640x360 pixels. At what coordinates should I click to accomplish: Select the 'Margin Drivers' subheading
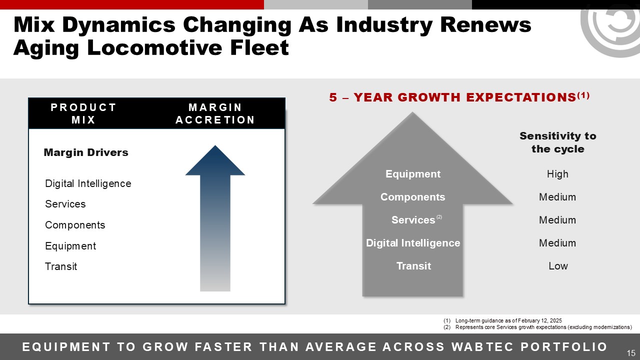86,152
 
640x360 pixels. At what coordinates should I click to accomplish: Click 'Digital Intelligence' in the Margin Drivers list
88,183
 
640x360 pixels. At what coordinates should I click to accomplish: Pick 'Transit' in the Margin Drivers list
61,266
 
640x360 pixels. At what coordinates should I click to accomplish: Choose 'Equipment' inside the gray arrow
413,174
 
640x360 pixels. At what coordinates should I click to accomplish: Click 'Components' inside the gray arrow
413,197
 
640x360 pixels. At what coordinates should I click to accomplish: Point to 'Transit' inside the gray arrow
413,266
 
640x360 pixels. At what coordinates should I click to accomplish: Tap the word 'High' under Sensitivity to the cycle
557,174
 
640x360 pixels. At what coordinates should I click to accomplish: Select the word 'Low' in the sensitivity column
558,266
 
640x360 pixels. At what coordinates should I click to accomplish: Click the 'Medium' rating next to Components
557,197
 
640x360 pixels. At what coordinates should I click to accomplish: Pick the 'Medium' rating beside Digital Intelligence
557,243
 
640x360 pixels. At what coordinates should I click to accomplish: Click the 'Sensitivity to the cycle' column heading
558,142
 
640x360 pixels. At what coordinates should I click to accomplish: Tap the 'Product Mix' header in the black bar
83,113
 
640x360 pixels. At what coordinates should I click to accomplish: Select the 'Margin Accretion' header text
215,113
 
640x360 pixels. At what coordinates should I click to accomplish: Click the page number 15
631,352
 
